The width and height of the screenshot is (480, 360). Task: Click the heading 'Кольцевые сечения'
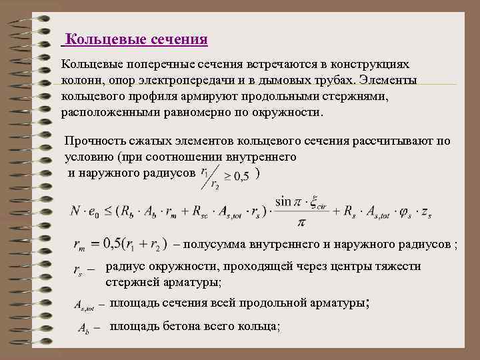137,40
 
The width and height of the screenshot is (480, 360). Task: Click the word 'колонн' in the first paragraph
81,81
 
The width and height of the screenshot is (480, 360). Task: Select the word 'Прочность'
94,141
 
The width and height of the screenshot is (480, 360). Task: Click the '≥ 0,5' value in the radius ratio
237,176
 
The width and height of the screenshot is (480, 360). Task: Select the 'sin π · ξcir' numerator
302,201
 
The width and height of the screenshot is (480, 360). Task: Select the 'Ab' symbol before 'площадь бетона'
83,328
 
